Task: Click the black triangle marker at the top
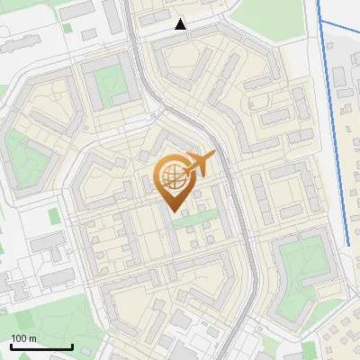(181, 24)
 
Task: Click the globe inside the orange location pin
(172, 176)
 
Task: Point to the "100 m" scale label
(24, 337)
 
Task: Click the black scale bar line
(41, 346)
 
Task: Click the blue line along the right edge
(334, 126)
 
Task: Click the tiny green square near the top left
(54, 216)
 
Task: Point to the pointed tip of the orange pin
(172, 210)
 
